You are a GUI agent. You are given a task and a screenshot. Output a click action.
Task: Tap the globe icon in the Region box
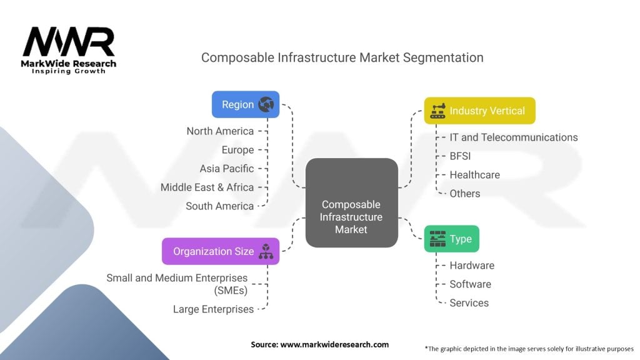[266, 104]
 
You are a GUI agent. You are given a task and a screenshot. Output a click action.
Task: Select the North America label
[220, 131]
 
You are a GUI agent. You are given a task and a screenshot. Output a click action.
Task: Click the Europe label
[237, 150]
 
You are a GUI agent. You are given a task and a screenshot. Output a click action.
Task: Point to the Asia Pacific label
[227, 169]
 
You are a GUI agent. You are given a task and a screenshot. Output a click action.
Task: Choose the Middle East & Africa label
[207, 187]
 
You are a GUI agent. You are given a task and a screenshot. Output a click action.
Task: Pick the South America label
[219, 206]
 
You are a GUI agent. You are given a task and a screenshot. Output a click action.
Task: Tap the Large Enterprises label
[213, 309]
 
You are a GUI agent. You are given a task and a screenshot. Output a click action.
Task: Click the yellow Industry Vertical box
[479, 111]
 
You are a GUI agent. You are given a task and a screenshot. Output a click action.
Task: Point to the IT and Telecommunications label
[514, 137]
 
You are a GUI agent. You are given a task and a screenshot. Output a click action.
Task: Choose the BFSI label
[460, 156]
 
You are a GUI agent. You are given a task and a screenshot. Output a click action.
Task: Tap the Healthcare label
[474, 175]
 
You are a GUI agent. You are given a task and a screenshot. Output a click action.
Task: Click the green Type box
[451, 239]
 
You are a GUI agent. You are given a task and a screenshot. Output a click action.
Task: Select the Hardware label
[472, 266]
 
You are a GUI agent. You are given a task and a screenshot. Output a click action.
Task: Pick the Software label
[470, 284]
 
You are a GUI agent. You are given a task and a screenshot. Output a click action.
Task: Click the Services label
[469, 303]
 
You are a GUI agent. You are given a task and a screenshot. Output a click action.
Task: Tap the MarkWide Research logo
[69, 50]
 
